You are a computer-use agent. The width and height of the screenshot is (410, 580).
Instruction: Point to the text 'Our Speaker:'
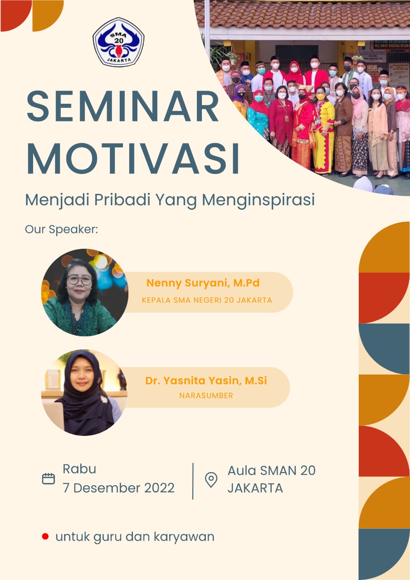61,229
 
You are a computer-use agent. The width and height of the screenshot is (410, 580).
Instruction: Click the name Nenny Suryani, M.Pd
203,284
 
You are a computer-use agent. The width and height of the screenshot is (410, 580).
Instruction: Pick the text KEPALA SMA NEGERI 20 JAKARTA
207,300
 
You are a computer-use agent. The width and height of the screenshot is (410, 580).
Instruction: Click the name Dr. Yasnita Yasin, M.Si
206,381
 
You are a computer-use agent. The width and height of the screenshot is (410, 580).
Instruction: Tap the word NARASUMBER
206,396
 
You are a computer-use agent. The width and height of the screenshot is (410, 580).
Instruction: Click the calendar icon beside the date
49,479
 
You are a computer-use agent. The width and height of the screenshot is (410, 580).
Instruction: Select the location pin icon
211,480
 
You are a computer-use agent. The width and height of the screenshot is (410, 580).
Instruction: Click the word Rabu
79,469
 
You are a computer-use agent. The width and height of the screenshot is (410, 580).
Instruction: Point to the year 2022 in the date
159,488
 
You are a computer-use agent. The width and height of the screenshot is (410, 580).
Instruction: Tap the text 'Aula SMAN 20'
271,470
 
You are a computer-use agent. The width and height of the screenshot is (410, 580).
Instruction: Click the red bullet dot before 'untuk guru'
45,537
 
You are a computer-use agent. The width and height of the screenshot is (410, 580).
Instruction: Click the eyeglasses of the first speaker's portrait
79,280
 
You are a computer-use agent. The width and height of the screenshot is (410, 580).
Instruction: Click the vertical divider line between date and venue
193,481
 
